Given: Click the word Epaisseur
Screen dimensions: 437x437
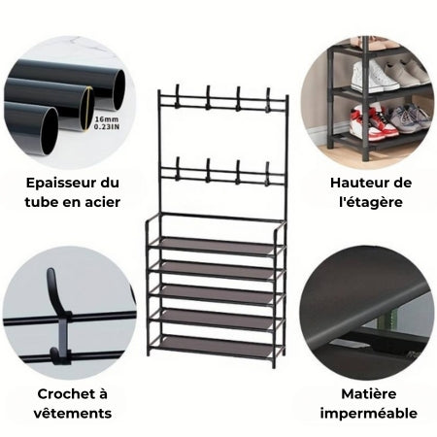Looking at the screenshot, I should click(54, 182).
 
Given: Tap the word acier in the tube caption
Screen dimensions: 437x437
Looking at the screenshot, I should click(101, 201).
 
